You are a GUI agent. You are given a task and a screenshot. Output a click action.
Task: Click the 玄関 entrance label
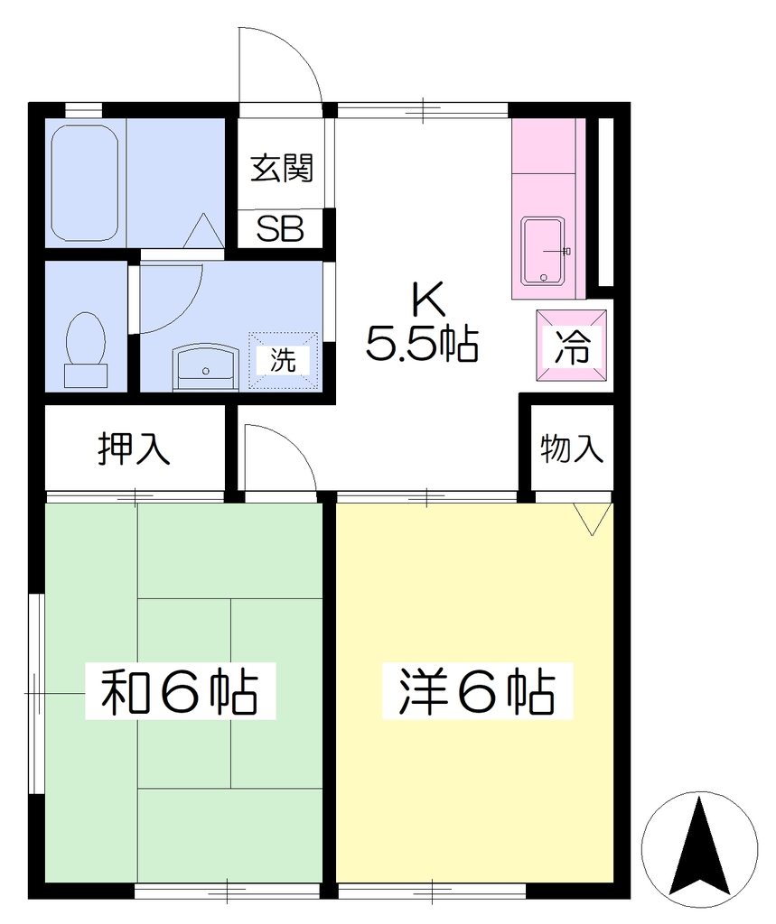pyautogui.click(x=282, y=169)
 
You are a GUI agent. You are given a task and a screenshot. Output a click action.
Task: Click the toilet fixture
pyautogui.click(x=86, y=350)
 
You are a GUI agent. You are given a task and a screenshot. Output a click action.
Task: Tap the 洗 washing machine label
pyautogui.click(x=284, y=359)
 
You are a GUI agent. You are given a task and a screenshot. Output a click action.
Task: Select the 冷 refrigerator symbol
pyautogui.click(x=572, y=346)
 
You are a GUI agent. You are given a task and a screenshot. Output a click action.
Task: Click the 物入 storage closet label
pyautogui.click(x=571, y=448)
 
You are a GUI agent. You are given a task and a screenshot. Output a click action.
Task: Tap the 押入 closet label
pyautogui.click(x=134, y=448)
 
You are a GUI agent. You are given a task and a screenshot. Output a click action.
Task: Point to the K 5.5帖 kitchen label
pyautogui.click(x=422, y=322)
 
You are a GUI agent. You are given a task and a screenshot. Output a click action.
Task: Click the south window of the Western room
pyautogui.click(x=432, y=891)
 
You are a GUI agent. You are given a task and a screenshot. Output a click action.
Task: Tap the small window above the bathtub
pyautogui.click(x=83, y=110)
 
